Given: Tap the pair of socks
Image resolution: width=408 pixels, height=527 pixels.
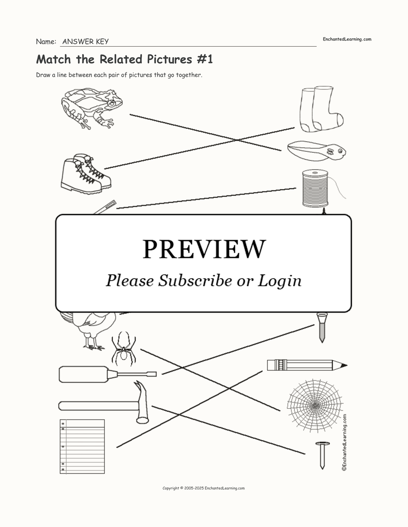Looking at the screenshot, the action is (x=321, y=109).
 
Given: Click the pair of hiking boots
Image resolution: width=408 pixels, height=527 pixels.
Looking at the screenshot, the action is (x=86, y=174).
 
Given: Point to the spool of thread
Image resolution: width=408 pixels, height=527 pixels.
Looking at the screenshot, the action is (x=315, y=188).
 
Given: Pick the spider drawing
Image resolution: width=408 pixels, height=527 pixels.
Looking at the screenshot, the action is (x=123, y=349).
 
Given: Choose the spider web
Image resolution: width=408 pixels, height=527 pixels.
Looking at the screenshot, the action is (x=315, y=406).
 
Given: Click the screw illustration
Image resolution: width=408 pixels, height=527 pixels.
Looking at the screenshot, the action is (x=322, y=327).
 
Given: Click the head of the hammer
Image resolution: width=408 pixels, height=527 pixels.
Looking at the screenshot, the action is (x=142, y=403).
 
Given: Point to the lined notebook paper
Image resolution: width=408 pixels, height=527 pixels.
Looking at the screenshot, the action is (x=82, y=446).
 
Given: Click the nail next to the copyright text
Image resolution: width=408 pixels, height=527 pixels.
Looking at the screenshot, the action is (x=322, y=455).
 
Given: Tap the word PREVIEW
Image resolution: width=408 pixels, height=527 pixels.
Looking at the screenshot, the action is (x=204, y=249).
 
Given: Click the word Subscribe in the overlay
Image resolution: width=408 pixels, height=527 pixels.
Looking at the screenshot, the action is (x=195, y=281).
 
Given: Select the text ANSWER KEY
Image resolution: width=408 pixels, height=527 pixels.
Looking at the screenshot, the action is (x=86, y=42).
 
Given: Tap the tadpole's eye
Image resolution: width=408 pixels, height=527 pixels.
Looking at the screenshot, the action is (x=340, y=151).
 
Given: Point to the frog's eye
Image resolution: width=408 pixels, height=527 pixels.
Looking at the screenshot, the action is (x=112, y=104).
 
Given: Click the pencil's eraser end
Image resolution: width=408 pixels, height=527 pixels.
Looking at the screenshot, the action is (x=270, y=365).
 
